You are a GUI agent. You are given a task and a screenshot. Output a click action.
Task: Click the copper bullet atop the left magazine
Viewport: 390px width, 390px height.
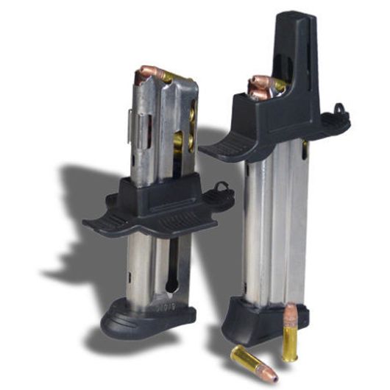click(x=147, y=74)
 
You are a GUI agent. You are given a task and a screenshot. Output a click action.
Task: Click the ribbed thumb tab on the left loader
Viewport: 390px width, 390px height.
click(x=110, y=220)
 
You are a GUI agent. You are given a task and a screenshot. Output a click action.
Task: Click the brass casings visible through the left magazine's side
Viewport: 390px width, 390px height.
click(x=189, y=125)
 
